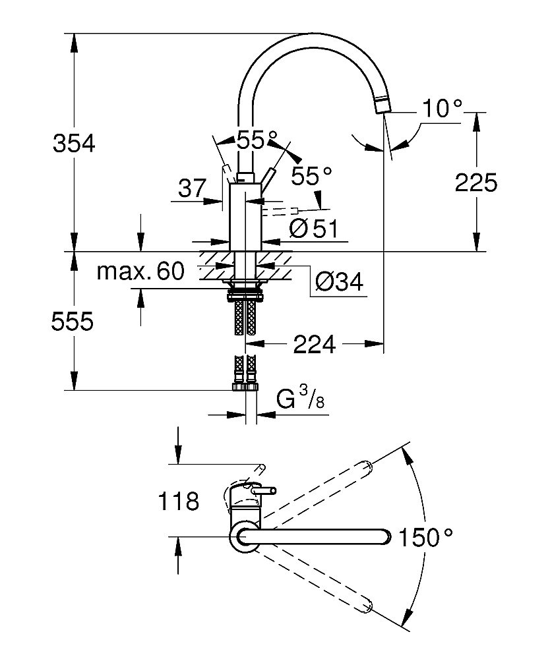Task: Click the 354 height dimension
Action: pyautogui.click(x=75, y=143)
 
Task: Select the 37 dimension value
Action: pyautogui.click(x=193, y=190)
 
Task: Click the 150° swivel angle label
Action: pyautogui.click(x=427, y=538)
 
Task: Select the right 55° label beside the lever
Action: pyautogui.click(x=311, y=175)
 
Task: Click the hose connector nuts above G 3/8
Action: pyautogui.click(x=246, y=386)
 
